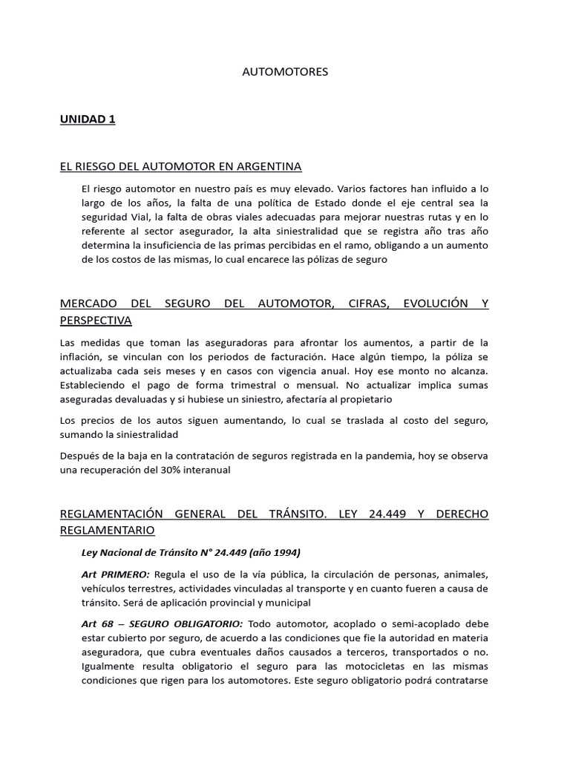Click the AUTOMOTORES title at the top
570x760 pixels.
pos(285,72)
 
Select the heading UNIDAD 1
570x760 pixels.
pos(88,119)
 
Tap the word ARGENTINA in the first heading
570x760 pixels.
pos(268,166)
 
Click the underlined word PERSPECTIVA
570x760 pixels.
pos(96,321)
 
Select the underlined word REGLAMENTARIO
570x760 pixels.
pos(108,530)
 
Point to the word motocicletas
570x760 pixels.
pos(350,666)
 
